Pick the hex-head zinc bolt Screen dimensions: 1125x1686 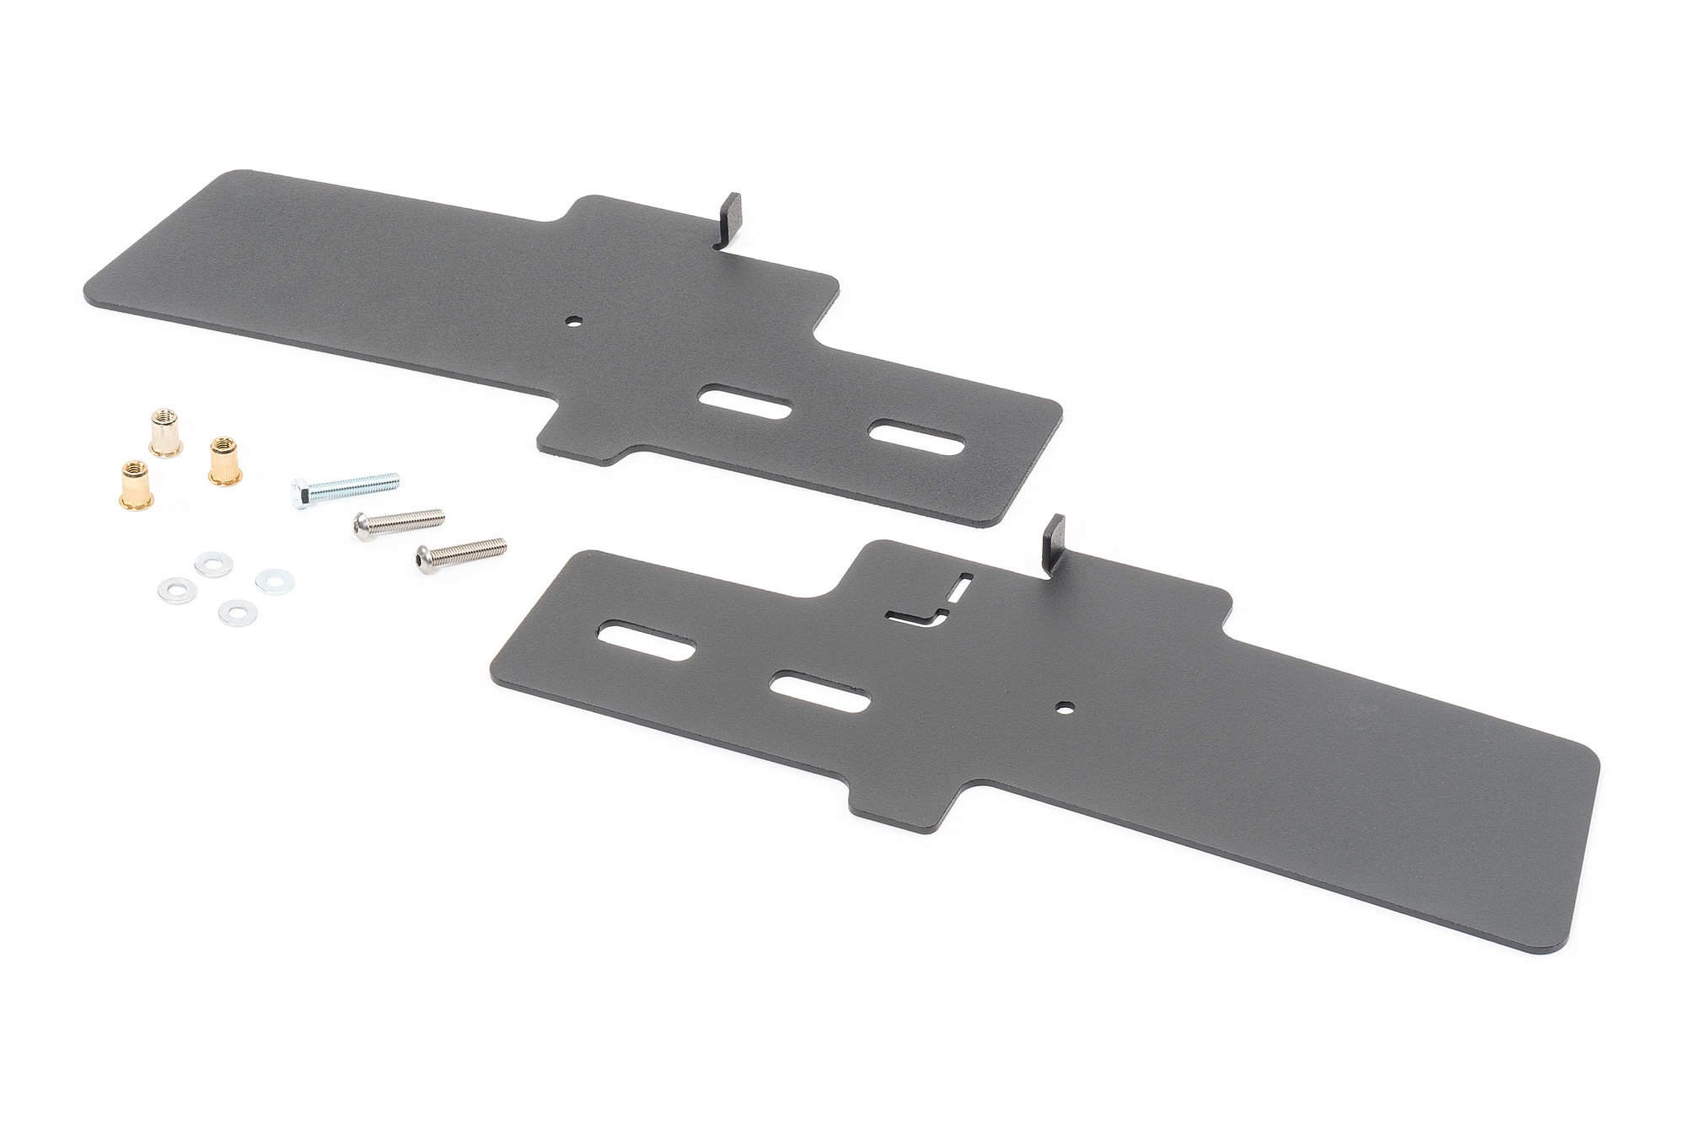pos(345,486)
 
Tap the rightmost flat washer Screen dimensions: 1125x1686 pos(274,581)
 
